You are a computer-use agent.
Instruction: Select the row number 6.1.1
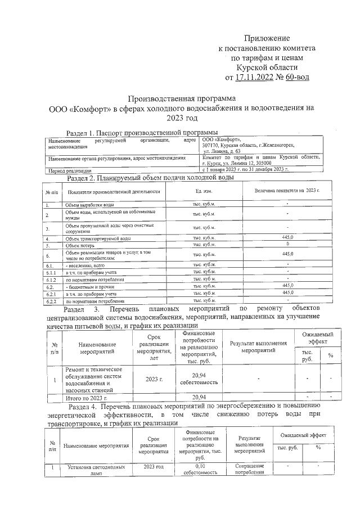pos(52,272)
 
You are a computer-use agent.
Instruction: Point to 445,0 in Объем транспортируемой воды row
pos(287,238)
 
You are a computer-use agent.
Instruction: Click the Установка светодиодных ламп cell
pos(89,470)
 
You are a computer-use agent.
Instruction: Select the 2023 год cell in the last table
pos(153,467)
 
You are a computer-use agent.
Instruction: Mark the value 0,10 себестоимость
pos(200,470)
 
